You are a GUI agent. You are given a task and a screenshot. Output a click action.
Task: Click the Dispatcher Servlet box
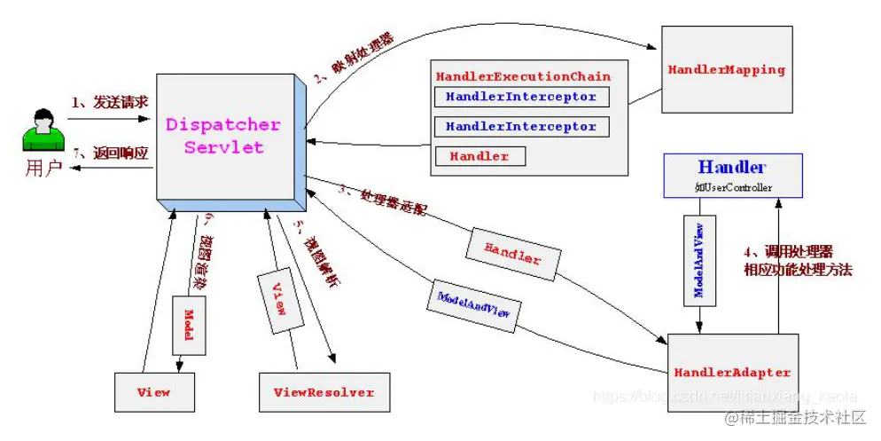pyautogui.click(x=223, y=136)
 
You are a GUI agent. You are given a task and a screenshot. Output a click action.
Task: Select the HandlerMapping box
pyautogui.click(x=727, y=69)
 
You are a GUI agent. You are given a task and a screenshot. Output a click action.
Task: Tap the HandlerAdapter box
pyautogui.click(x=732, y=373)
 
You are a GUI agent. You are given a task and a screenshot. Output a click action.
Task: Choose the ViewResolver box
pyautogui.click(x=324, y=392)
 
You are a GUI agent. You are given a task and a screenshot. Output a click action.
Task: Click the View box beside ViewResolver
pyautogui.click(x=154, y=392)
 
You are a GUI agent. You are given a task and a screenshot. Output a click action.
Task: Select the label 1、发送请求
pyautogui.click(x=109, y=103)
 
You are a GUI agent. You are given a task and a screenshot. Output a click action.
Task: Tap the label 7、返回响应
pyautogui.click(x=109, y=153)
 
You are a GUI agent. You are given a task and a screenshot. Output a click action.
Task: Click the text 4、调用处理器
pyautogui.click(x=788, y=251)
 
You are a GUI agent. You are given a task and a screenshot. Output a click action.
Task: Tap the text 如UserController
pyautogui.click(x=732, y=187)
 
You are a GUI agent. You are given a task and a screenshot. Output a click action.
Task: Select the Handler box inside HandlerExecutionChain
pyautogui.click(x=479, y=156)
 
